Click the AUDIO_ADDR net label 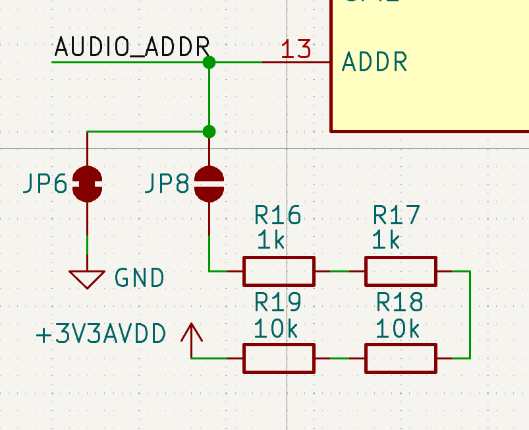pyautogui.click(x=132, y=47)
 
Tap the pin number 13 pyautogui.click(x=296, y=49)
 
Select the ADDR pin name pyautogui.click(x=375, y=63)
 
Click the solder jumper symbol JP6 pyautogui.click(x=87, y=184)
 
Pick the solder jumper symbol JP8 pyautogui.click(x=209, y=184)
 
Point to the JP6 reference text pyautogui.click(x=45, y=185)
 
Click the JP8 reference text pyautogui.click(x=166, y=185)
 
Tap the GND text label pyautogui.click(x=139, y=278)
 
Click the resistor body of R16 pyautogui.click(x=279, y=271)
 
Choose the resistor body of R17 pyautogui.click(x=401, y=271)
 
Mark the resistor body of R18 pyautogui.click(x=401, y=358)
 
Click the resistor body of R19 pyautogui.click(x=279, y=358)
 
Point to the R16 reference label pyautogui.click(x=277, y=215)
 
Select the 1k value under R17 pyautogui.click(x=386, y=240)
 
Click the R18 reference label pyautogui.click(x=399, y=303)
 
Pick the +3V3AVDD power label pyautogui.click(x=101, y=334)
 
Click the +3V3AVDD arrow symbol pyautogui.click(x=192, y=336)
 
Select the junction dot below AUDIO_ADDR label pyautogui.click(x=209, y=63)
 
